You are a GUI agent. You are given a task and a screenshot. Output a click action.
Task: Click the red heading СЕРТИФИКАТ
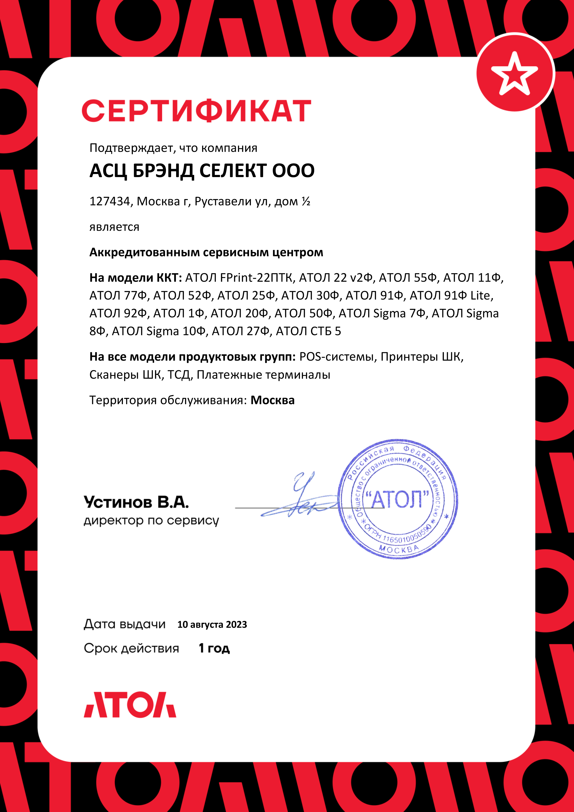(196, 111)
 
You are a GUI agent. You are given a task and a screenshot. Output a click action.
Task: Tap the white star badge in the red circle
(514, 74)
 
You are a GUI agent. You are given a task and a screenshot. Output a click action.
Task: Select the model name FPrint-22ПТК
(257, 278)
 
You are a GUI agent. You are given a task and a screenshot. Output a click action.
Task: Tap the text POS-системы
(336, 357)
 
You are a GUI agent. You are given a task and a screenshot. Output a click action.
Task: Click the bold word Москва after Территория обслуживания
(272, 400)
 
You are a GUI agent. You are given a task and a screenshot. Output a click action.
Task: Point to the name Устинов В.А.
(136, 502)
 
